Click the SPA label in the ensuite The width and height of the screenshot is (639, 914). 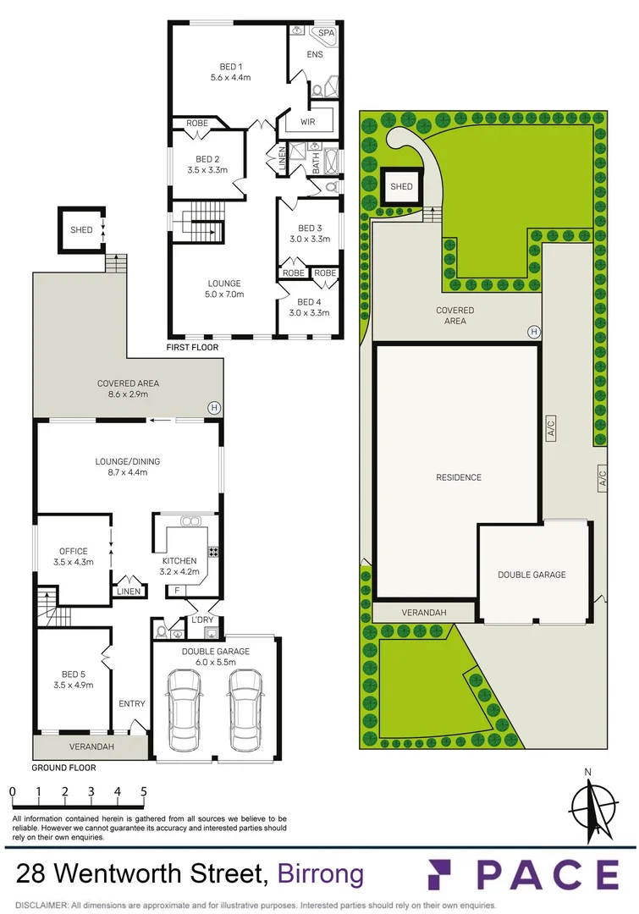click(x=325, y=34)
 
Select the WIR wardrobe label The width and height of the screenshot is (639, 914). click(x=307, y=122)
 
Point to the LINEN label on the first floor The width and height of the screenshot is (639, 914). click(x=282, y=161)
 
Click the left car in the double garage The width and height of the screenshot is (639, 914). click(x=185, y=709)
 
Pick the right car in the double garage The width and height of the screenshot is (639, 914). click(x=244, y=709)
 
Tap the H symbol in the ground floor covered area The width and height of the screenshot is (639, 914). click(x=214, y=408)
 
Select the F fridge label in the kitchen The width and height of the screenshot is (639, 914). click(x=177, y=590)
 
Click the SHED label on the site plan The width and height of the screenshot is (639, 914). click(x=401, y=186)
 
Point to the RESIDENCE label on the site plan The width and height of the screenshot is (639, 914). click(x=459, y=477)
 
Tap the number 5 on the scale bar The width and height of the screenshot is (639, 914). click(x=145, y=791)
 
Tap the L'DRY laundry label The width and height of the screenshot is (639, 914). click(x=202, y=620)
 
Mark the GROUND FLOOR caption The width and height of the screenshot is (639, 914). click(x=63, y=768)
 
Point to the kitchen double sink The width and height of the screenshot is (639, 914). click(x=189, y=521)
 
